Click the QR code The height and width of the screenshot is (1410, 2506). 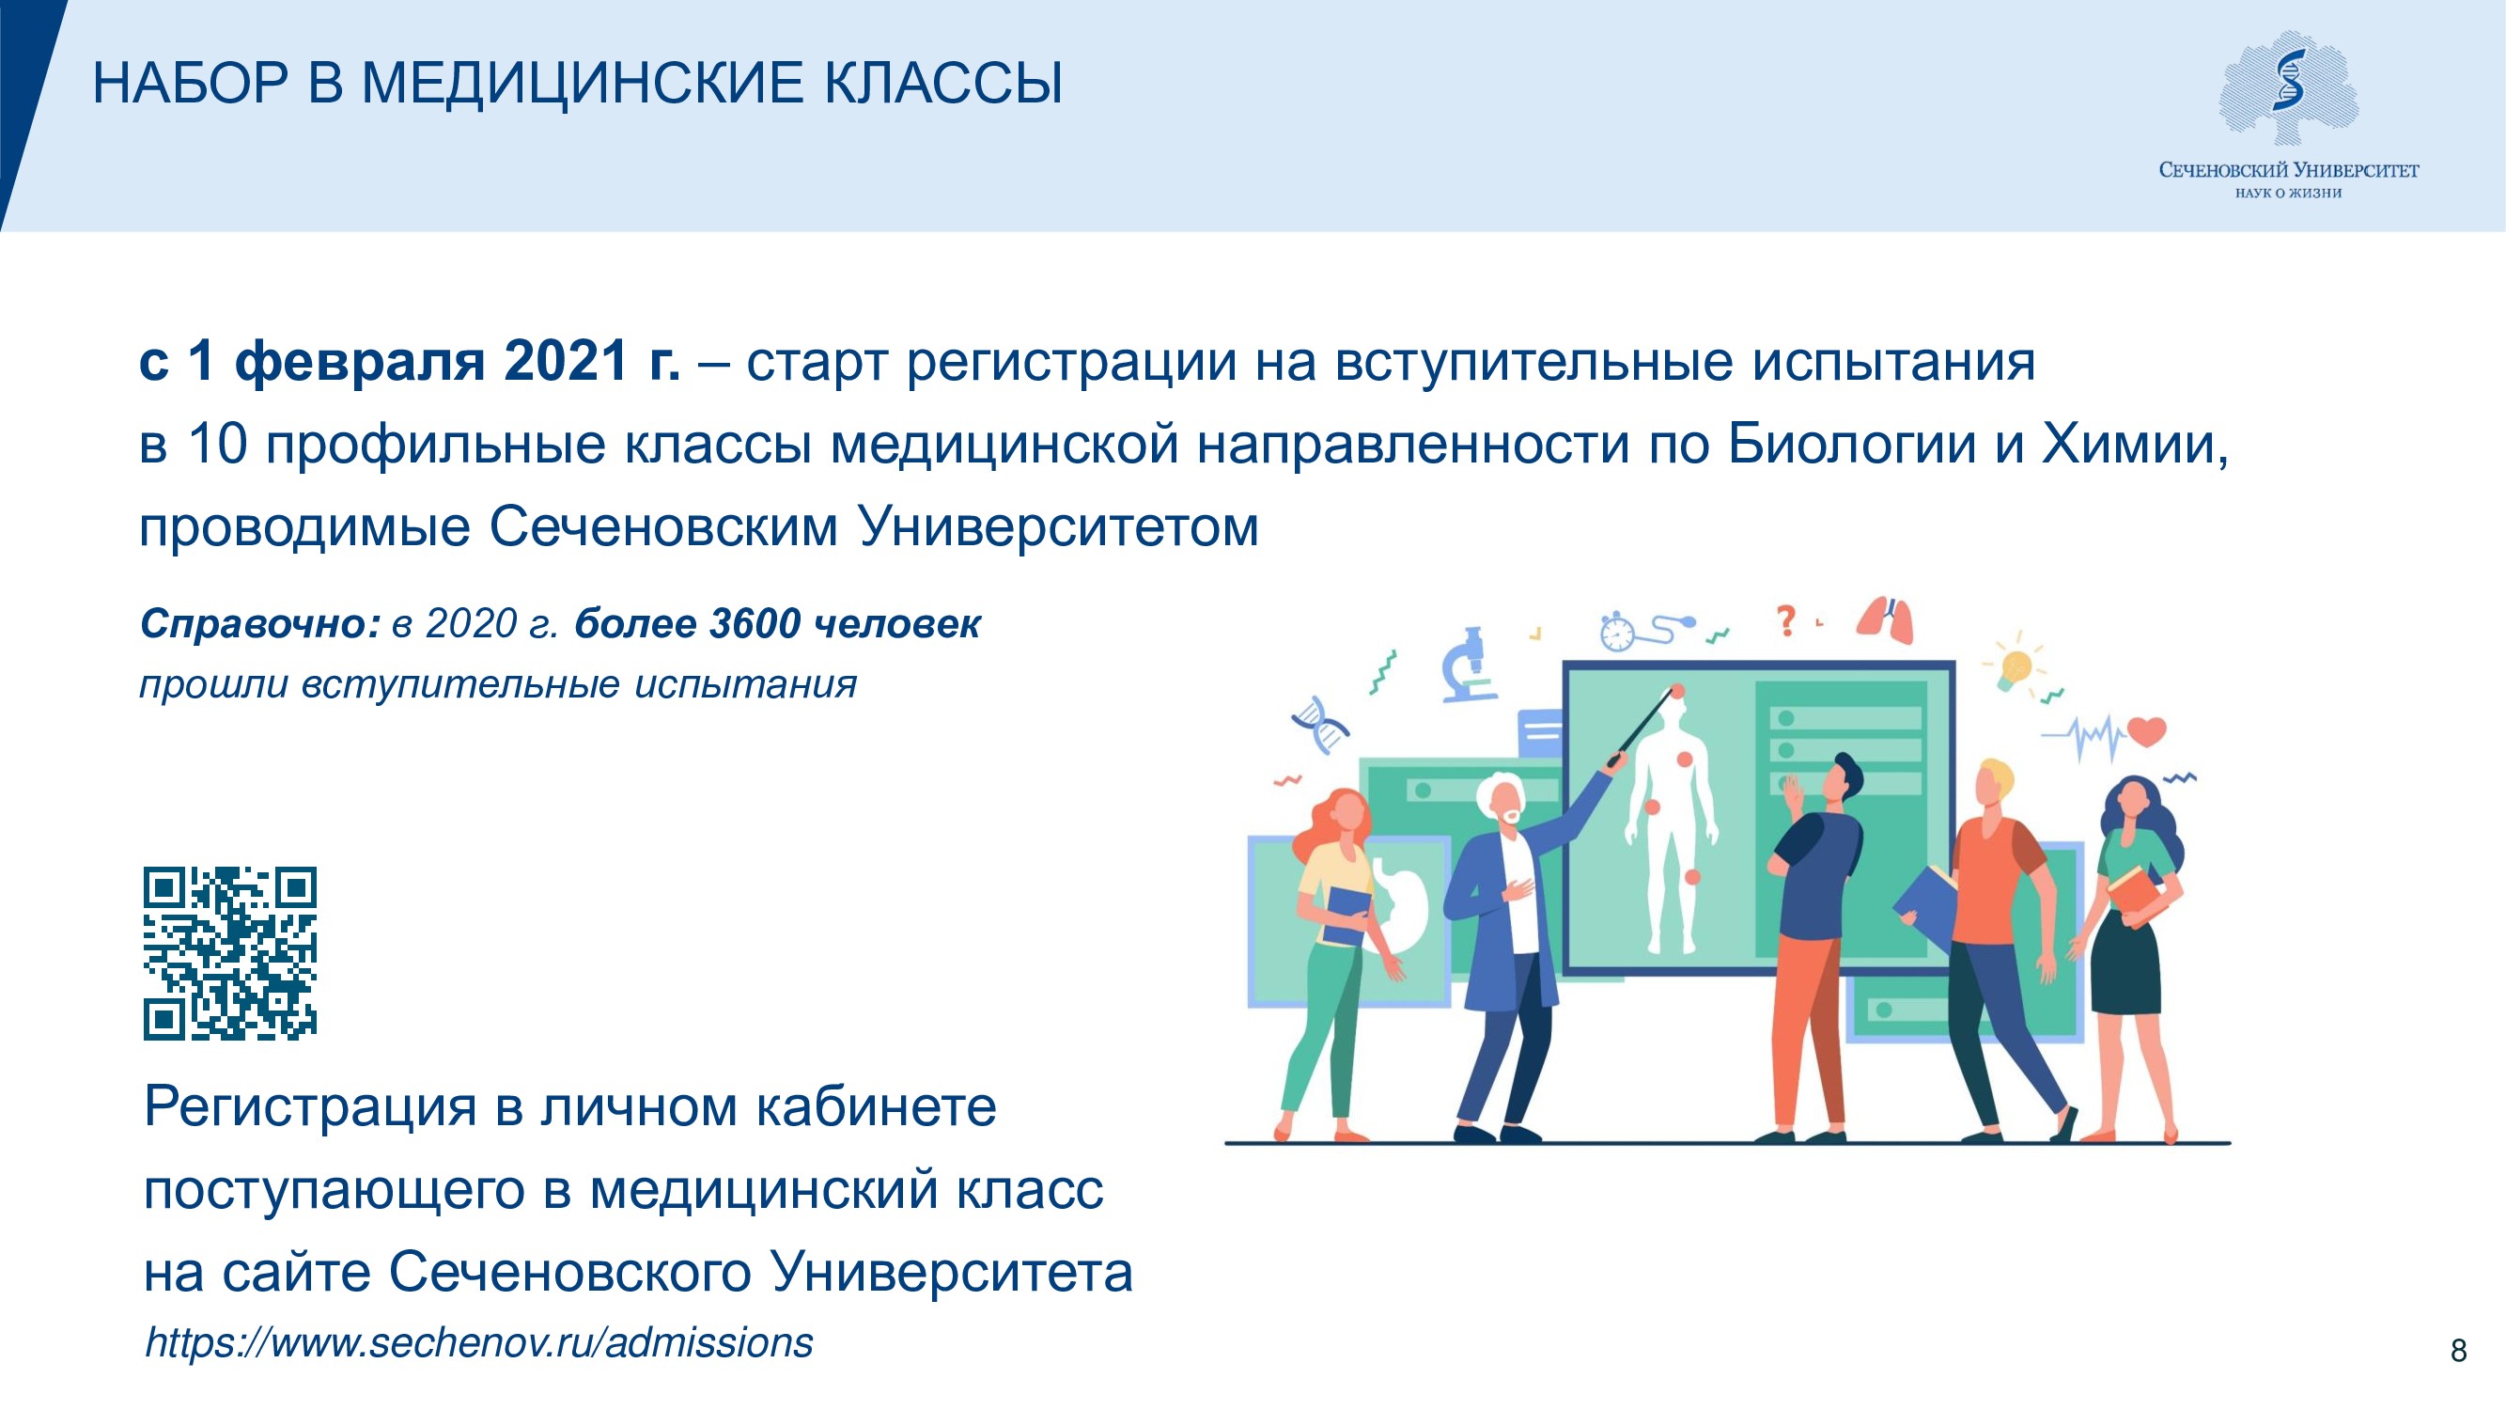coord(230,952)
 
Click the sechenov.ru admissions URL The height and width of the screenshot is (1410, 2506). coord(478,1343)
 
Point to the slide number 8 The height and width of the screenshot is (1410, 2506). coord(2458,1351)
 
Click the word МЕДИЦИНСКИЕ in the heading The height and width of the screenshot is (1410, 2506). coord(583,83)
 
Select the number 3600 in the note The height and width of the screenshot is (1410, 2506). coord(754,624)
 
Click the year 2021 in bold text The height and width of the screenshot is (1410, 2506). coord(567,361)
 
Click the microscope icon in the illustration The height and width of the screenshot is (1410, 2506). coord(1469,665)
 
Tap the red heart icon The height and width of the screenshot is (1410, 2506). coord(2146,729)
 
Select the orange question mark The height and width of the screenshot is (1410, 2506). coord(1785,620)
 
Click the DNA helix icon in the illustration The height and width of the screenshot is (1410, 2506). coord(1321,724)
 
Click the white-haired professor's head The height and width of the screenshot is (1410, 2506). coord(1500,801)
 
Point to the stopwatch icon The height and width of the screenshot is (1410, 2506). coord(1618,633)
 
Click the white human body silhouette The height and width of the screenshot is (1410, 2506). coord(1672,827)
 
